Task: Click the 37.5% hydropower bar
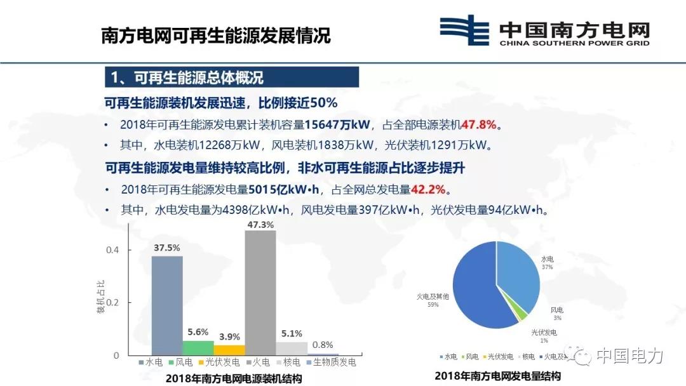[x=166, y=305]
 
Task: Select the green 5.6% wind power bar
[x=198, y=348]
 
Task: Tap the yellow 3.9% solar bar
[x=229, y=350]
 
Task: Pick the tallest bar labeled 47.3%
[x=260, y=292]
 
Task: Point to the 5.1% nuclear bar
[x=292, y=349]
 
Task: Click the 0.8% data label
[x=323, y=345]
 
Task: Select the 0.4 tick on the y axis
[x=112, y=250]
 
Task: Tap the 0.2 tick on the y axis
[x=112, y=303]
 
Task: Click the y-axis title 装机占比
[x=100, y=298]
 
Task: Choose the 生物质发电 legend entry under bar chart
[x=332, y=363]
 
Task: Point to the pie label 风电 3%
[x=556, y=313]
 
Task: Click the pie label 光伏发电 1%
[x=544, y=336]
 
